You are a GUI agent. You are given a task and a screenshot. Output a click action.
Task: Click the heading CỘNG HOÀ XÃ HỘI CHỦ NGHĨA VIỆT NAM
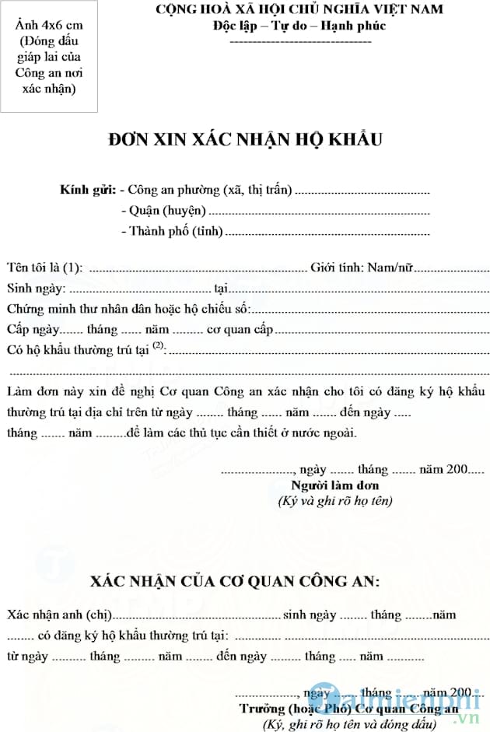299,9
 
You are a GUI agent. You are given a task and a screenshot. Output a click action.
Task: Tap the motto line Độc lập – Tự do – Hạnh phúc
299,25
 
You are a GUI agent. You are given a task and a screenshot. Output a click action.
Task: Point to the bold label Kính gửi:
89,190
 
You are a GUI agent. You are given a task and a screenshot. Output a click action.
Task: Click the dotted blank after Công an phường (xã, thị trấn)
362,191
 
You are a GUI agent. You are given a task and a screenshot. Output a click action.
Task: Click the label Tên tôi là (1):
44,268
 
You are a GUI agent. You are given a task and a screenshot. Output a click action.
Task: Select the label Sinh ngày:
33,289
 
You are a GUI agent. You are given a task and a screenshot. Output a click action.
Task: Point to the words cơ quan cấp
240,329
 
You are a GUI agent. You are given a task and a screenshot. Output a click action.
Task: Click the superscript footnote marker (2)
159,345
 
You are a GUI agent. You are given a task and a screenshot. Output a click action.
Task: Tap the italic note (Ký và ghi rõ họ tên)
335,501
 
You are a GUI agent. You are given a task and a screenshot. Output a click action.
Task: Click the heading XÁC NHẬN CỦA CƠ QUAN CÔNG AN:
234,581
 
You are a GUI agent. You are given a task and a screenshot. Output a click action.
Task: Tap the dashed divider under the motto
299,39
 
